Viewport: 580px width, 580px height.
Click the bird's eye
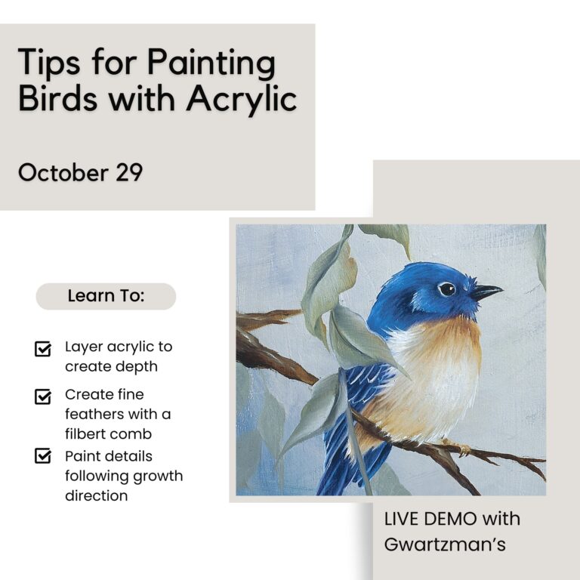tap(447, 289)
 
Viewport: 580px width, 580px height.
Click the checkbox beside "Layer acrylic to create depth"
tap(43, 348)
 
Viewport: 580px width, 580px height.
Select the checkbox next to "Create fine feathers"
tap(43, 396)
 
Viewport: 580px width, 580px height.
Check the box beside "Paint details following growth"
tap(43, 455)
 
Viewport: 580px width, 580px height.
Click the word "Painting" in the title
tap(211, 63)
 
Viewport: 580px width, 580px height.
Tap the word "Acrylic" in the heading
tap(242, 99)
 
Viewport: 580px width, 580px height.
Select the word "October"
tap(63, 172)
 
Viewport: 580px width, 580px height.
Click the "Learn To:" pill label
tap(106, 296)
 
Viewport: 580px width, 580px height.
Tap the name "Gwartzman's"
tap(445, 545)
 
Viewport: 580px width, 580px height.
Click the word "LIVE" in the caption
tap(401, 519)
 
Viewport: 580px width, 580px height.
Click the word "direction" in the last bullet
tap(97, 495)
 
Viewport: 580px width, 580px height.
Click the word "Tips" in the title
tap(49, 63)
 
